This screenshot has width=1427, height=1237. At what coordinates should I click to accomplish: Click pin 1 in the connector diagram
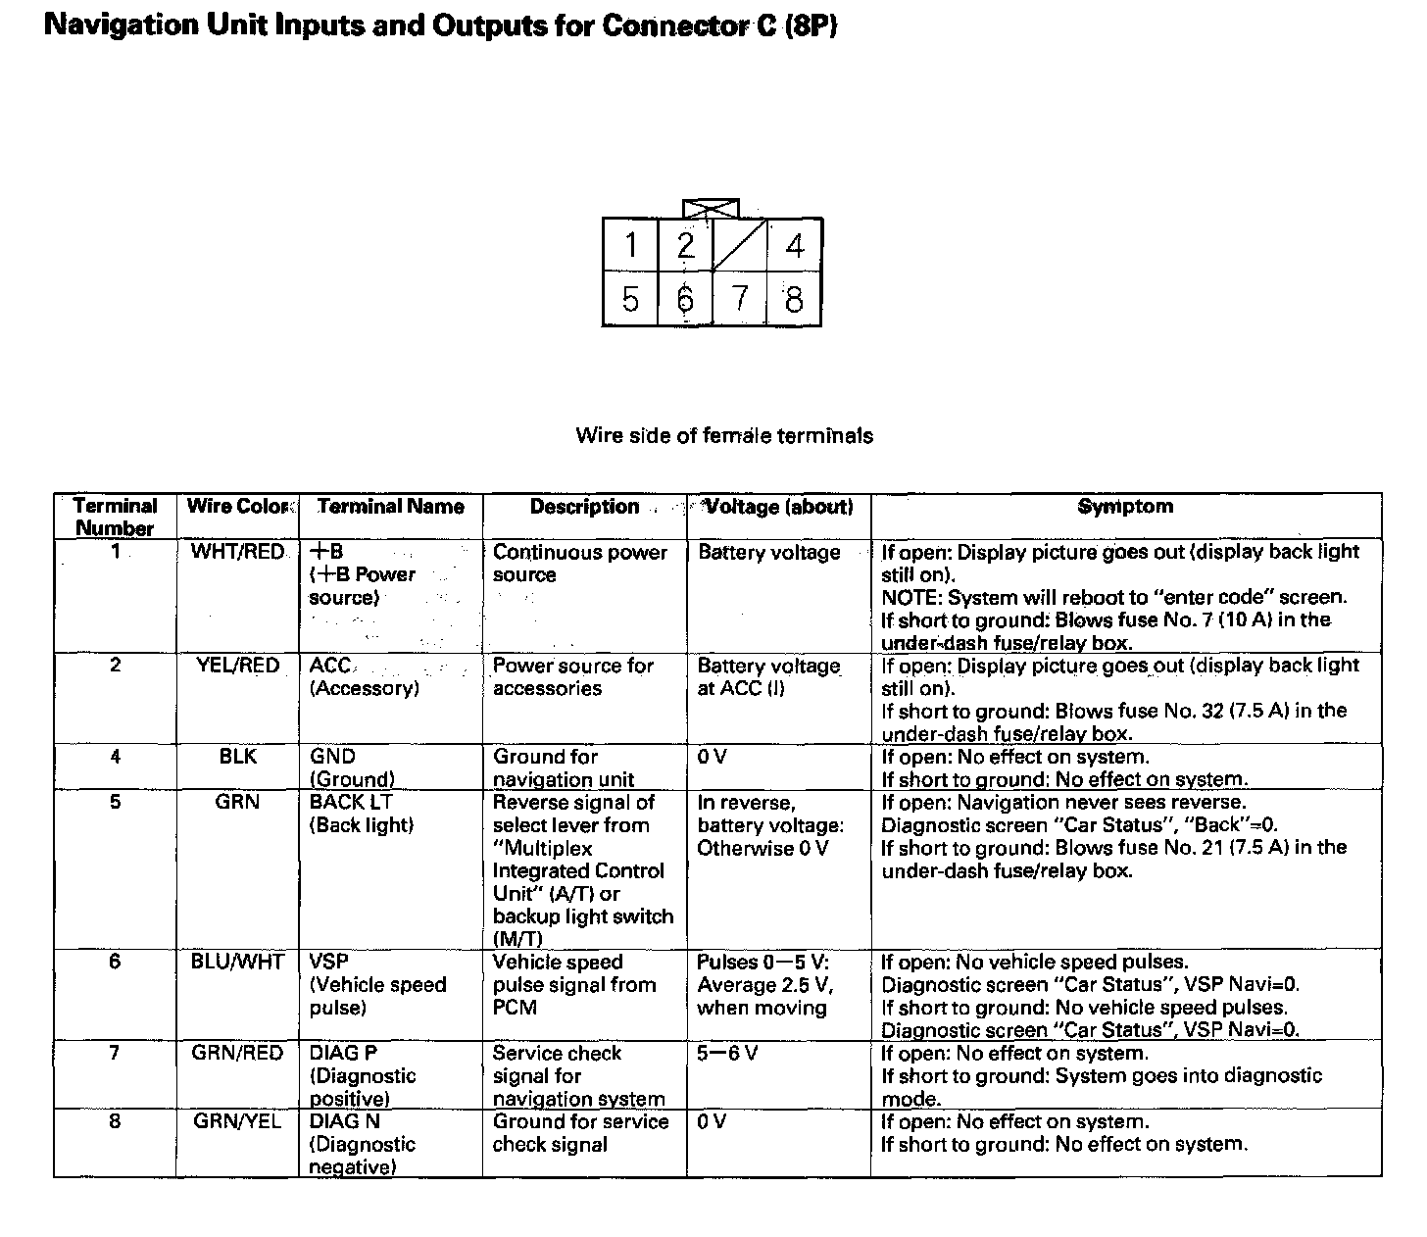click(x=630, y=245)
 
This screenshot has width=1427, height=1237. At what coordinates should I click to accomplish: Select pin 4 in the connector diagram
click(x=794, y=245)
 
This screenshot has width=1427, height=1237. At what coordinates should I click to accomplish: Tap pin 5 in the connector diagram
click(x=630, y=298)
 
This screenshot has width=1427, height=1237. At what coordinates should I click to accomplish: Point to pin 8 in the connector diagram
click(x=794, y=298)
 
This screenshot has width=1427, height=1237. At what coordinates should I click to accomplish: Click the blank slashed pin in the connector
click(x=740, y=245)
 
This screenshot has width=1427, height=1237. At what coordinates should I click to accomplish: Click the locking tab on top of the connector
click(x=712, y=209)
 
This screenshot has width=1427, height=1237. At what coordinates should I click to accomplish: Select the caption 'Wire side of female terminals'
click(x=724, y=435)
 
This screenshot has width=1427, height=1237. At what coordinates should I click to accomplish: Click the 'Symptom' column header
click(x=1125, y=506)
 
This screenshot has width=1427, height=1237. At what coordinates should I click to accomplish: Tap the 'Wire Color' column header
click(x=238, y=506)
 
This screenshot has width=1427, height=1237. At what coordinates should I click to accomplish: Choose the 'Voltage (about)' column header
click(x=779, y=506)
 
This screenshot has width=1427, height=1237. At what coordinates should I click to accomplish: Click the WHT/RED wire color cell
click(x=237, y=552)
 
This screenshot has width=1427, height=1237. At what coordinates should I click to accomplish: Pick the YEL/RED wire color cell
click(x=237, y=666)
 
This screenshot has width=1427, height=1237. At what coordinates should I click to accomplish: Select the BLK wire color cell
click(x=237, y=757)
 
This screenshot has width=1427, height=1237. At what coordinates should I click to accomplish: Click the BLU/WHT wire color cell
click(x=237, y=962)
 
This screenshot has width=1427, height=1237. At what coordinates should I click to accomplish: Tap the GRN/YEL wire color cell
click(x=237, y=1121)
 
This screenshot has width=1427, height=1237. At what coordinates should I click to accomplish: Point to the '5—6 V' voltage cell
click(x=727, y=1054)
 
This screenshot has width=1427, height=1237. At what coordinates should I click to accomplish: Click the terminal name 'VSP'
click(x=329, y=962)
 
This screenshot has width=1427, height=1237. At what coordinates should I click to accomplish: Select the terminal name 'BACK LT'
click(x=351, y=802)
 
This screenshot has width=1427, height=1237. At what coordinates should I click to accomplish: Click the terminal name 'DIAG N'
click(x=345, y=1121)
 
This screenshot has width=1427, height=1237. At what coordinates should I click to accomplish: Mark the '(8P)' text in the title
click(x=810, y=25)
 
